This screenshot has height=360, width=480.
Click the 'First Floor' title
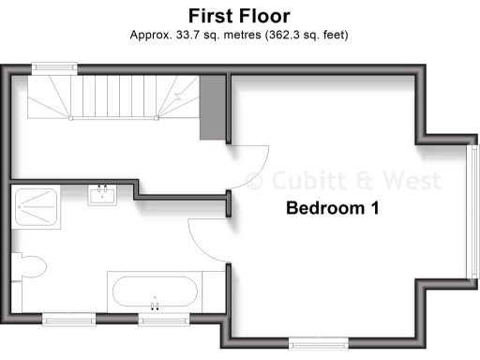point(239,16)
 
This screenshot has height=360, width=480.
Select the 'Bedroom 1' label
point(332,207)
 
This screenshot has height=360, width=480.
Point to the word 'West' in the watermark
point(386,178)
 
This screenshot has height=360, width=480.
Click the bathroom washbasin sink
point(102,195)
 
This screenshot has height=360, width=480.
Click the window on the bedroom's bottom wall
point(316,342)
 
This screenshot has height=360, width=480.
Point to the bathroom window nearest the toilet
point(69,319)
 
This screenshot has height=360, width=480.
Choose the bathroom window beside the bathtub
point(164,319)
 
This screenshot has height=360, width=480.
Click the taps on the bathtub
point(155,305)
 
